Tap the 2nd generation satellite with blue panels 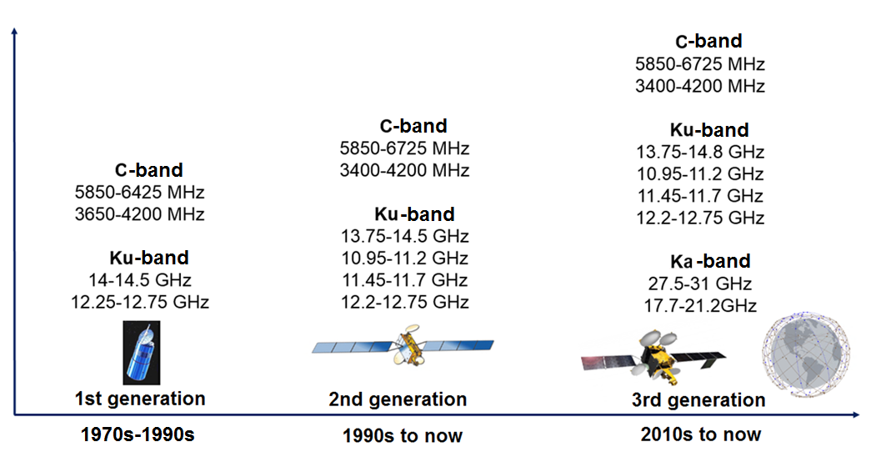tap(403, 344)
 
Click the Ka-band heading tap(710, 261)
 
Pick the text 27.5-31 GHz tap(700, 284)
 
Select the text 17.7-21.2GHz tap(700, 306)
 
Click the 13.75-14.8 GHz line tap(700, 152)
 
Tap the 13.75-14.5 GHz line tap(405, 236)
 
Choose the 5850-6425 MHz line tap(140, 193)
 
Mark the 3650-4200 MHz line tap(140, 214)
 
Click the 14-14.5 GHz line tap(140, 279)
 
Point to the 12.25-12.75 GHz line tap(140, 302)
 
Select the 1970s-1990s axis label tap(138, 434)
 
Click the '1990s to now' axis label tap(403, 435)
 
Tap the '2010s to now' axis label tap(701, 434)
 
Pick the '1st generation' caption tap(140, 399)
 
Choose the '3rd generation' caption tap(698, 400)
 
